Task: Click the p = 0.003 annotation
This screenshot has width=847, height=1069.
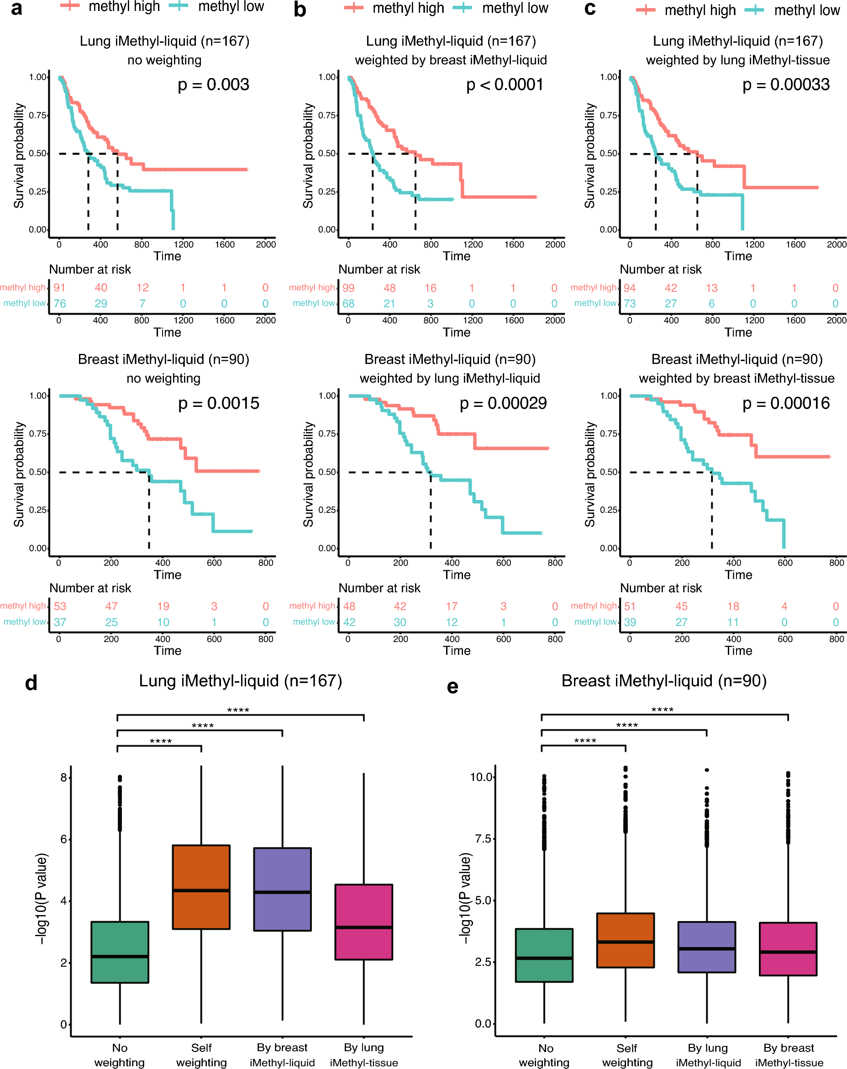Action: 213,85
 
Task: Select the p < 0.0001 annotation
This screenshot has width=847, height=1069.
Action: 505,85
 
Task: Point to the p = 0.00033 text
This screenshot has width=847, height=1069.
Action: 785,85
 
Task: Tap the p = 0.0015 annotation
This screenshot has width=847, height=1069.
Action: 219,404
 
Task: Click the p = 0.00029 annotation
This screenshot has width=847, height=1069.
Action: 503,404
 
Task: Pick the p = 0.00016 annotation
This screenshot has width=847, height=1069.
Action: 785,404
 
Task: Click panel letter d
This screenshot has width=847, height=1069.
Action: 31,683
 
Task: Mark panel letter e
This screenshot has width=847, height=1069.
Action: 452,687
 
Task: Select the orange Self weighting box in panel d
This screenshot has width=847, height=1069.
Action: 201,887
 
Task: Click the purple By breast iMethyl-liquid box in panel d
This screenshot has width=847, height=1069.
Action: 283,890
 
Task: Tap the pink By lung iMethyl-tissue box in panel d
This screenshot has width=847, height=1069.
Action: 364,922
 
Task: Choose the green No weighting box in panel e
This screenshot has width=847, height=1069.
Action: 544,955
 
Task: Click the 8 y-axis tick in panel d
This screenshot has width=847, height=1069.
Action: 63,778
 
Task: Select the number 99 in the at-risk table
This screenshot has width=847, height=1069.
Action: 349,288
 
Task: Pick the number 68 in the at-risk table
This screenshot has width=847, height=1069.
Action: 349,304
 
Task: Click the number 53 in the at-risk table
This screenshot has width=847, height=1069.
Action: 60,606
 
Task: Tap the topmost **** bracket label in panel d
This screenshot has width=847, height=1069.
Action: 238,710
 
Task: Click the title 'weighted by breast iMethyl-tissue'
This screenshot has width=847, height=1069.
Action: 737,378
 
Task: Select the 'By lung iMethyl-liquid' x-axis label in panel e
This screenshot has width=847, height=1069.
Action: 708,1055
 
